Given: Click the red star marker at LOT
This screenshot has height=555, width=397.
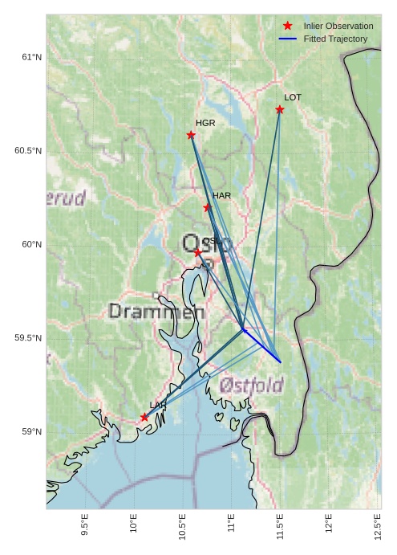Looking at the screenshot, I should (280, 109).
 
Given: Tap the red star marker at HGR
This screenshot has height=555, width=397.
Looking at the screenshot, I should (191, 135).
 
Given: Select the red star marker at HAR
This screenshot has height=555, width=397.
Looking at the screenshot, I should (208, 207).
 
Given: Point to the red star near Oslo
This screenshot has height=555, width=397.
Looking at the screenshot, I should (198, 253).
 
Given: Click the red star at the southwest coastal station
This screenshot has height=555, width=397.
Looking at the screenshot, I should (144, 417).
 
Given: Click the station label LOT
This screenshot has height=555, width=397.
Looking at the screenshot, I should (293, 97).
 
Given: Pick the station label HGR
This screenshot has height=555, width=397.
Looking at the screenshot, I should (205, 123).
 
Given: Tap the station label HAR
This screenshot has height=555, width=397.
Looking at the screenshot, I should (221, 196).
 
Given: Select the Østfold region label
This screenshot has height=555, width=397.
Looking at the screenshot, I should (251, 386).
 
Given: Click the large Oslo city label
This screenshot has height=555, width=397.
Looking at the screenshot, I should (207, 243).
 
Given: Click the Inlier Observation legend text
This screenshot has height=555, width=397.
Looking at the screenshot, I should (338, 27).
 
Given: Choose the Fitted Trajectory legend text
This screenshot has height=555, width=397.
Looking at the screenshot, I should (335, 39).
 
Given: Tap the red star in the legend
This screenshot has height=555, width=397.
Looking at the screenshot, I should (288, 27).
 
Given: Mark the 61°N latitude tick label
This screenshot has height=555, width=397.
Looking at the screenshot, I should (31, 57).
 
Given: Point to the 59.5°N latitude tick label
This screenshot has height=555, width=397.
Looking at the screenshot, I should (28, 338).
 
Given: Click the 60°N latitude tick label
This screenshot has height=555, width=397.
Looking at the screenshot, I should (31, 245).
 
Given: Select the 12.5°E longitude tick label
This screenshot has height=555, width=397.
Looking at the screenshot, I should (378, 527).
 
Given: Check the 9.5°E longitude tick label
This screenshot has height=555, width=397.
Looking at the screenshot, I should (85, 527).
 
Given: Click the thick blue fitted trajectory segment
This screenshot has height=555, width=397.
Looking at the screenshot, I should (261, 345).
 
